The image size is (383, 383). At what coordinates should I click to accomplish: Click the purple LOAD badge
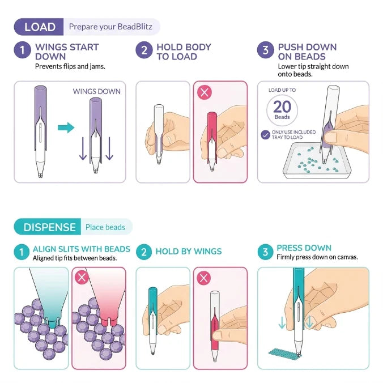pos(39,27)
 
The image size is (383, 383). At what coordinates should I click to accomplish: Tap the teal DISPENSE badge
pos(48,227)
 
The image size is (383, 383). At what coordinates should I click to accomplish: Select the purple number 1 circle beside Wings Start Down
pos(22,50)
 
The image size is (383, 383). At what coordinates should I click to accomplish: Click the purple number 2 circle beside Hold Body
pos(144,50)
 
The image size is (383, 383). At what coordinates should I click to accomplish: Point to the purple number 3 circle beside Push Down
pos(266,50)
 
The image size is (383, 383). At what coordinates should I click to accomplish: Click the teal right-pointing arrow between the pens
pos(66,127)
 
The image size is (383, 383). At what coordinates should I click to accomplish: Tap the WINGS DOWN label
pos(97,91)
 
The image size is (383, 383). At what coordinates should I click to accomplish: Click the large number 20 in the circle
pos(282,107)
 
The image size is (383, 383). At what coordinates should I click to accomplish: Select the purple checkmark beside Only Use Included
pos(265,135)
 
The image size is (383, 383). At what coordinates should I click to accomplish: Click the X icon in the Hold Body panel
pos(205,92)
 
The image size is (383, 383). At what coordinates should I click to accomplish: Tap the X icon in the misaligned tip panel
pos(82,277)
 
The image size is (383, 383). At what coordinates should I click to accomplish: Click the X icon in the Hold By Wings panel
pos(204,278)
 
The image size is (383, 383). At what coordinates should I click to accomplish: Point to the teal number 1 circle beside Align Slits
pos(22,252)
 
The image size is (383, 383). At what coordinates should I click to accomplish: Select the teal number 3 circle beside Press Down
pos(265,252)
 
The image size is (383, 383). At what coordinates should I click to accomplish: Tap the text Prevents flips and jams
pos(70,66)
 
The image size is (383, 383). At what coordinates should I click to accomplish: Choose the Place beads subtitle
pos(105,227)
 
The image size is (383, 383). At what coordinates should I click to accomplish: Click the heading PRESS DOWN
pos(304,248)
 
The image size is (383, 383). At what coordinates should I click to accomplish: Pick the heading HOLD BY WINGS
pos(189,252)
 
